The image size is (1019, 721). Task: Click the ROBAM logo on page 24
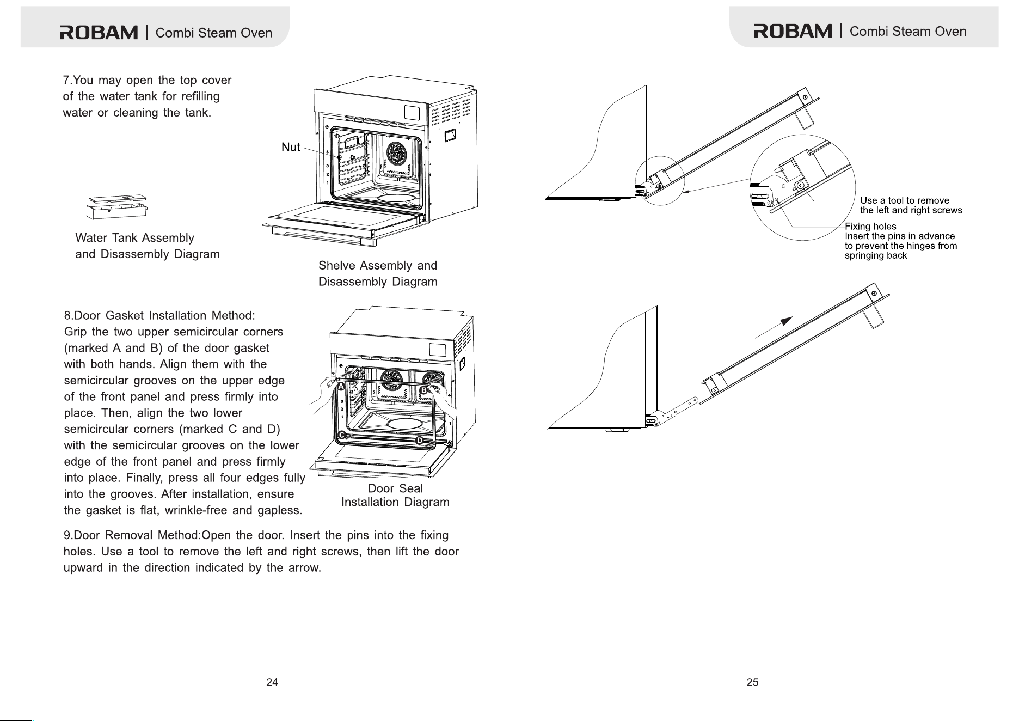[x=99, y=33]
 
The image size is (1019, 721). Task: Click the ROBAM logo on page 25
[x=793, y=31]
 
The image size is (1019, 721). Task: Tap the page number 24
[x=272, y=682]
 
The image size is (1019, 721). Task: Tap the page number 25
[x=752, y=682]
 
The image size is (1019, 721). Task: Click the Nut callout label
[x=291, y=147]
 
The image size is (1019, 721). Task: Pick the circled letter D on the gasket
[x=420, y=439]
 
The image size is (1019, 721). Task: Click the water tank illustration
[x=116, y=207]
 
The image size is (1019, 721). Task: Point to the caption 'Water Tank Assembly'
[x=134, y=238]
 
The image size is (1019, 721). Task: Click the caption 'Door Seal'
[x=395, y=488]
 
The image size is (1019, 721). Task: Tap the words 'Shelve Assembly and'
[x=378, y=265]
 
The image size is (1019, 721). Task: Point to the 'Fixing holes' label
[x=870, y=227]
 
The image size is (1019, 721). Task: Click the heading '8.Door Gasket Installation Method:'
[x=159, y=316]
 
